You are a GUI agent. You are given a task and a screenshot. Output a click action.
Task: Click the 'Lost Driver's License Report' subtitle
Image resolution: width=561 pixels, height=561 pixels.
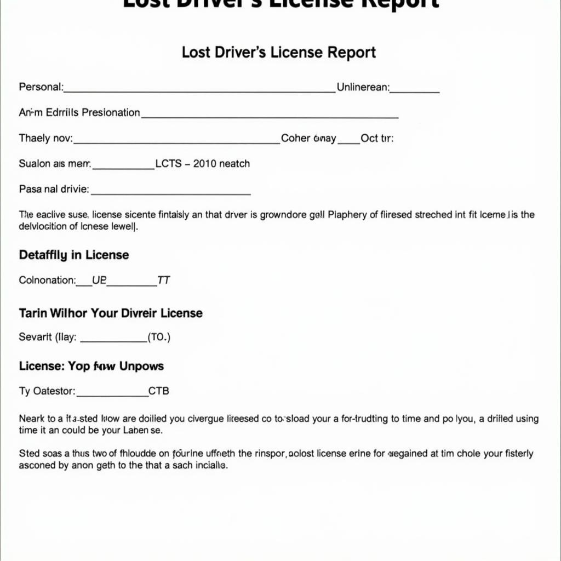(x=278, y=53)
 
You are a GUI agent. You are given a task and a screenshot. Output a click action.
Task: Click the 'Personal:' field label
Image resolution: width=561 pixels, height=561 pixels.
(x=41, y=87)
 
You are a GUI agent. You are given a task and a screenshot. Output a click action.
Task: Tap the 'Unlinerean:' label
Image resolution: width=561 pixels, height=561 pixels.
(x=363, y=87)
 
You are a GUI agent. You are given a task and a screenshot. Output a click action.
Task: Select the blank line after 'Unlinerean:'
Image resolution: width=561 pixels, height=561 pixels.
(x=415, y=91)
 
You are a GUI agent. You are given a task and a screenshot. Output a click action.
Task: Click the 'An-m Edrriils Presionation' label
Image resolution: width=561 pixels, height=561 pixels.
(x=79, y=112)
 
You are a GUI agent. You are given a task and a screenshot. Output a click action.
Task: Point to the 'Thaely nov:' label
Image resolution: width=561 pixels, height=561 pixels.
(x=45, y=139)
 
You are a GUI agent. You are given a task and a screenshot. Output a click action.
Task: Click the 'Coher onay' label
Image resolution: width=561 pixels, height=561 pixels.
(x=308, y=139)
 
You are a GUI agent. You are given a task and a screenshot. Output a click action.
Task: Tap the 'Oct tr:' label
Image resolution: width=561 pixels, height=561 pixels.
(x=377, y=139)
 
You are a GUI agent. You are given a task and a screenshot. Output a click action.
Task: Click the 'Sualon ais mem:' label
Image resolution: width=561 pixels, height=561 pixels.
(x=55, y=164)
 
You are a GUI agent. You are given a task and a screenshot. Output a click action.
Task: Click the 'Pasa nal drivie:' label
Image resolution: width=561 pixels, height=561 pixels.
(x=54, y=190)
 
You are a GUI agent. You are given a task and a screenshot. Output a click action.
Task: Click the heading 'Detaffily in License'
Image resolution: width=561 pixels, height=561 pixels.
(x=74, y=255)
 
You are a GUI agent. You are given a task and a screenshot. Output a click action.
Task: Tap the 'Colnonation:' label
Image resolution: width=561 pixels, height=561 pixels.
(x=47, y=280)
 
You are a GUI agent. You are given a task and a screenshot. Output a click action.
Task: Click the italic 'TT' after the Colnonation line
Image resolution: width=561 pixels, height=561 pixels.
(x=163, y=280)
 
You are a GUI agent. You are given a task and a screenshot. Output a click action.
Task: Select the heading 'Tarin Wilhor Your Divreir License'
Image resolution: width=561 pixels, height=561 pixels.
(x=111, y=313)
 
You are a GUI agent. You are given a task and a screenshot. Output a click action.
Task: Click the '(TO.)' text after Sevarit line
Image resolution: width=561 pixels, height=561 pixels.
(x=159, y=337)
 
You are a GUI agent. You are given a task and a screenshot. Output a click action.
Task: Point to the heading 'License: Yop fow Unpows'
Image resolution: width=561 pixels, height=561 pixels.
(x=91, y=366)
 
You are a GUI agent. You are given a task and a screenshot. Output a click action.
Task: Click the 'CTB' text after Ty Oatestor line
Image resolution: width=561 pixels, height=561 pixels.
(x=159, y=391)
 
